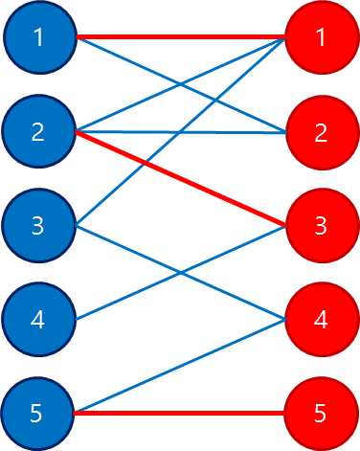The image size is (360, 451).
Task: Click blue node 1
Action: pos(38,37)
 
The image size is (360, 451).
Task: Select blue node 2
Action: pos(38,131)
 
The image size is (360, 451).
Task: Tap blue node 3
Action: pos(38,226)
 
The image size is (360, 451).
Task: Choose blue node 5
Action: pos(38,414)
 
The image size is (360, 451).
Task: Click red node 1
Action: pos(321,37)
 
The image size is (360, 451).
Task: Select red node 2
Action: pos(321,131)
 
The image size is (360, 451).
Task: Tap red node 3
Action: pos(321,226)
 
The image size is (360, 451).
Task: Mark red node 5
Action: pos(321,414)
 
